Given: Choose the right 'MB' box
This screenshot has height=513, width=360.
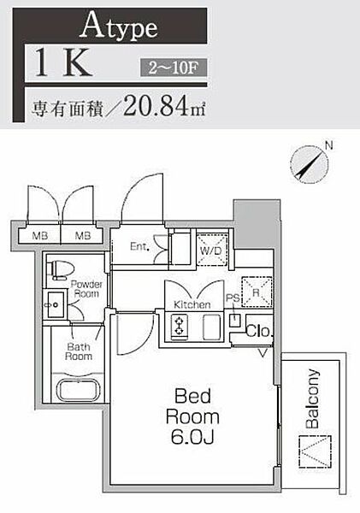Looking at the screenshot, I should (x=84, y=234).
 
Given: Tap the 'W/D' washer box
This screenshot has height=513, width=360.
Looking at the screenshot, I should (x=211, y=251).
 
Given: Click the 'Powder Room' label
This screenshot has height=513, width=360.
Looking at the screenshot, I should (x=86, y=288).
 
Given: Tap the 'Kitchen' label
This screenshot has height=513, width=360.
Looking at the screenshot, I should (x=192, y=304).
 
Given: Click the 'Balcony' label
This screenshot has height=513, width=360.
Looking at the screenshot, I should (x=312, y=398).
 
